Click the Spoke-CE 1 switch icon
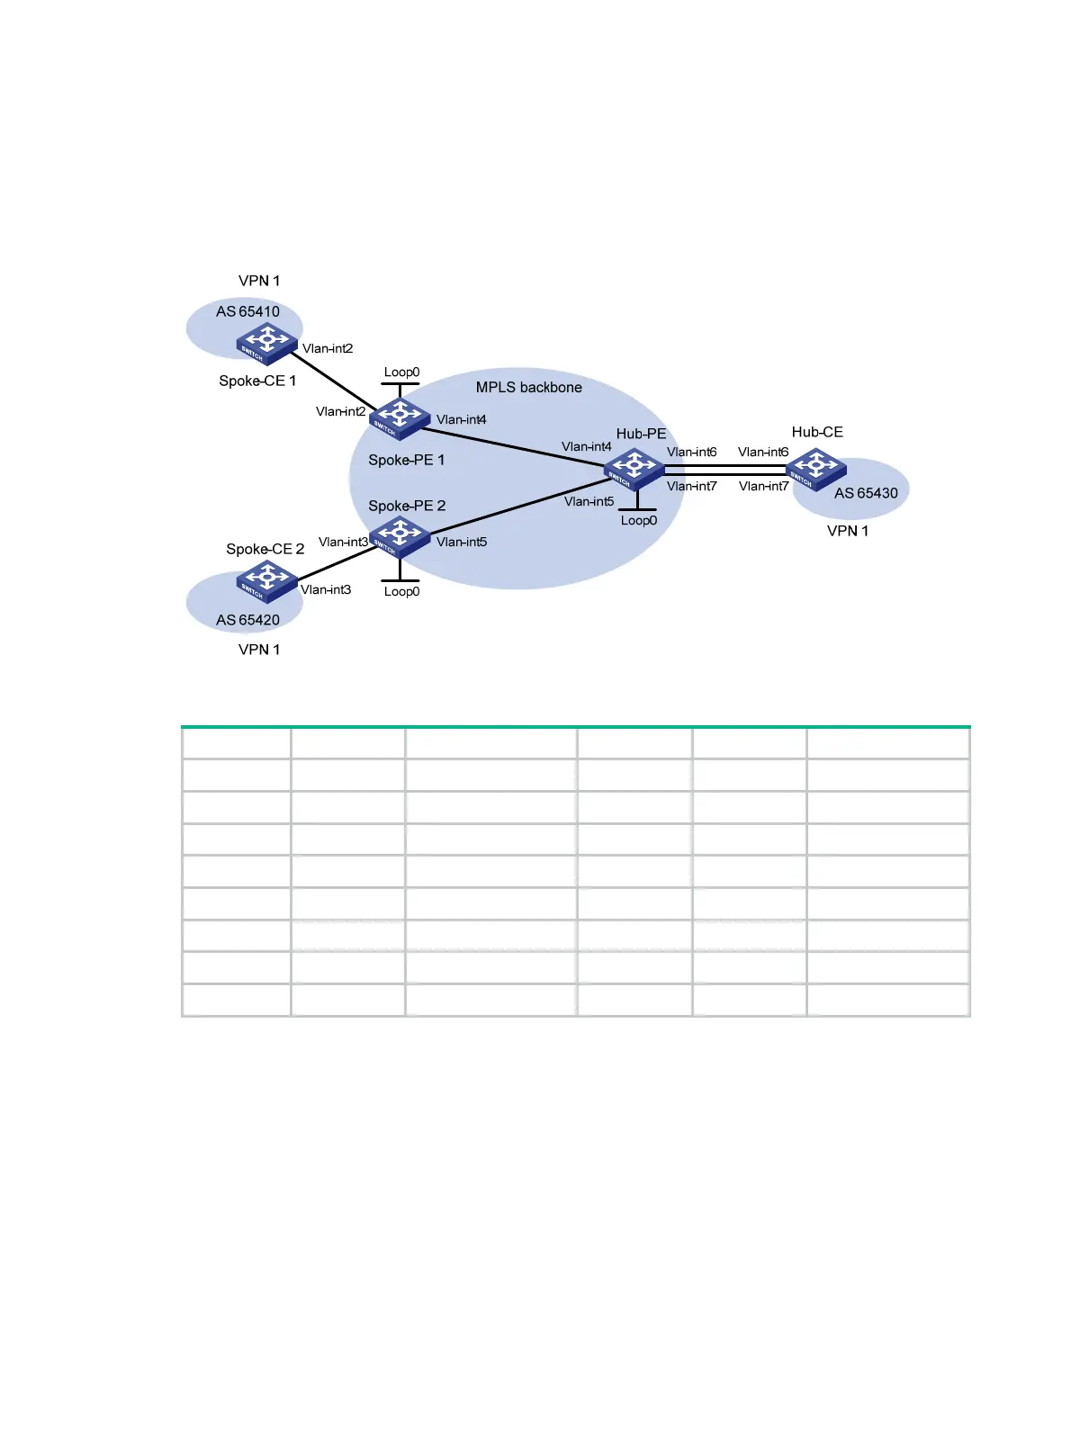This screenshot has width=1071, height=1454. [266, 343]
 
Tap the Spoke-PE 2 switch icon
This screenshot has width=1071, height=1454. [400, 536]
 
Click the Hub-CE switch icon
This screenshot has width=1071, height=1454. [815, 469]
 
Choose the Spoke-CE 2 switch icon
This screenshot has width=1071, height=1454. [266, 580]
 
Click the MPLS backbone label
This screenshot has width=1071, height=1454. [528, 388]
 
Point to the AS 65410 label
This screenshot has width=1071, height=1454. [247, 312]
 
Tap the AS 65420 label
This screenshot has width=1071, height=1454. [247, 620]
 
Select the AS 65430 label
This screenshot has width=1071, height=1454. [866, 493]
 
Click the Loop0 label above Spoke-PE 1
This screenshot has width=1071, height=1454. [401, 372]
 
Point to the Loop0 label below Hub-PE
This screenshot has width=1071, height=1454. [638, 521]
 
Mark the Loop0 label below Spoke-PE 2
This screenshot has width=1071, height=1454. [401, 592]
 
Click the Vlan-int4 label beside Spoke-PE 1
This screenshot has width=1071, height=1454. [462, 420]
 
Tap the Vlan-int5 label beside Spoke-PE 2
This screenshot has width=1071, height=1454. [462, 543]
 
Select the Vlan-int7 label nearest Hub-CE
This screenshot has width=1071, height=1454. [763, 487]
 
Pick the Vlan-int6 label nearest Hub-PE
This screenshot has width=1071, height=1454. [691, 453]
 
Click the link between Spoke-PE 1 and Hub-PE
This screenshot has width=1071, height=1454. [517, 446]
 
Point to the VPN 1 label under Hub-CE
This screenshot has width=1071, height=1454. [848, 531]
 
